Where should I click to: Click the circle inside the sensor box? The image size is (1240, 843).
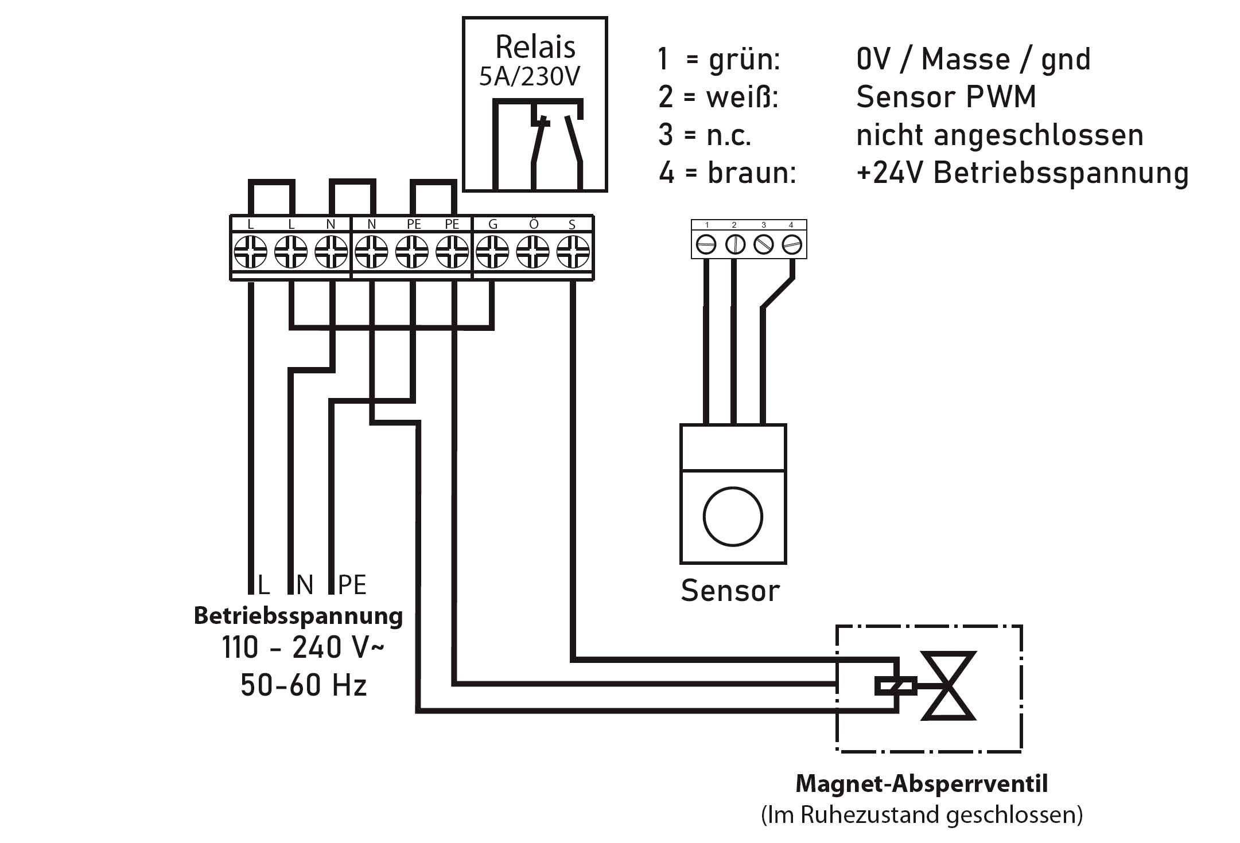pos(733,517)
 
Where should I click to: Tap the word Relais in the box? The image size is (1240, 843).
pos(535,47)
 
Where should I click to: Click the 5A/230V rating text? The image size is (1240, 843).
pos(530,77)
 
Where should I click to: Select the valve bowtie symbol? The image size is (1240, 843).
pos(948,686)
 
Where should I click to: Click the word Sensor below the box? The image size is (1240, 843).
pos(730,591)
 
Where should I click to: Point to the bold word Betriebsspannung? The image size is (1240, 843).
pos(298,616)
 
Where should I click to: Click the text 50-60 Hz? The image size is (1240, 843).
pos(304,685)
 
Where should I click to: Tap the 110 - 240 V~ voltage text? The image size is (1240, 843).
pos(304,648)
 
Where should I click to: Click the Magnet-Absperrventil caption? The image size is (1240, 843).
pos(922,783)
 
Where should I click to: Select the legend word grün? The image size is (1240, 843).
pos(744,60)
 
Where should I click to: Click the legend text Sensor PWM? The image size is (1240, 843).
pos(946,97)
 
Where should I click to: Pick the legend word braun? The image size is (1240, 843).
pos(752,173)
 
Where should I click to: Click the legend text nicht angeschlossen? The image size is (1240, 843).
pos(1000,135)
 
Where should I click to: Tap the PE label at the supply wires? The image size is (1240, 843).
pos(352,585)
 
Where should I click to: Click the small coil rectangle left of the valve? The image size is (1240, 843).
pos(895,686)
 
